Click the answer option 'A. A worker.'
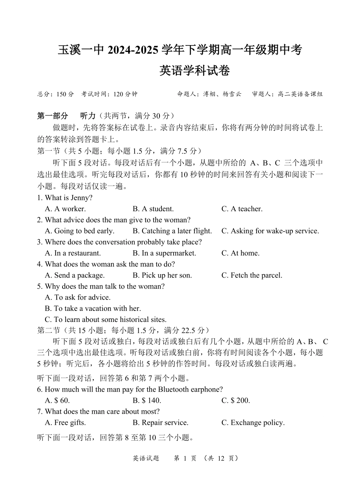pos(65,209)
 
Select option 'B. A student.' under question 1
pos(153,209)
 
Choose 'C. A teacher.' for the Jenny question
pos(242,209)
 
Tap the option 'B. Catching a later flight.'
pos(172,231)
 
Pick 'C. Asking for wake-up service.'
pos(270,231)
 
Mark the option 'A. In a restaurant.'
pos(73,253)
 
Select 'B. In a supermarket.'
pos(164,253)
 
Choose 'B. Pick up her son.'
pos(162,275)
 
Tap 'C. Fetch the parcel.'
pos(252,275)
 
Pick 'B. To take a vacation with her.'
pos(93,308)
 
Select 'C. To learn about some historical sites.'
pos(106,319)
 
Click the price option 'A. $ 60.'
pos(57,400)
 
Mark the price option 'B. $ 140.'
pos(147,400)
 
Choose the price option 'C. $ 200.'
pos(236,400)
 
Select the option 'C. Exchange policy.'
pos(253,422)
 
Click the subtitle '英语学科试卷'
pos(194,71)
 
